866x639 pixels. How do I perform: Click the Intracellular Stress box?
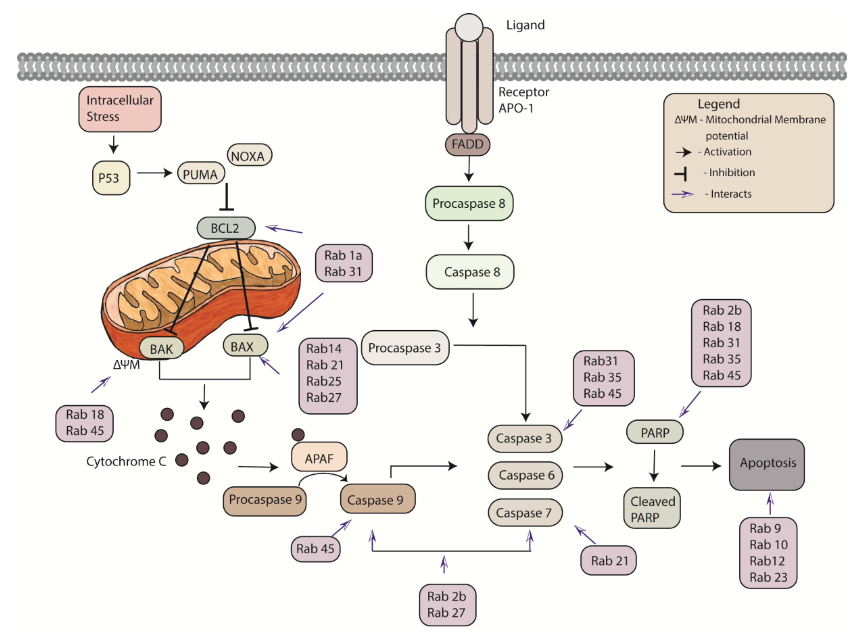[120, 109]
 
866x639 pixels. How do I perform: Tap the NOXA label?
[249, 155]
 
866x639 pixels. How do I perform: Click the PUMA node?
[201, 174]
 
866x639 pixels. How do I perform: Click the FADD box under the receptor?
[468, 145]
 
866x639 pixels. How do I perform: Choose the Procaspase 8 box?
[469, 203]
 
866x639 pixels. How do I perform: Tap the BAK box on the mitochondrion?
[161, 348]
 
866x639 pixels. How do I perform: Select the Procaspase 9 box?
[265, 500]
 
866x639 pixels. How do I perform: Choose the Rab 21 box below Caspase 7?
[608, 560]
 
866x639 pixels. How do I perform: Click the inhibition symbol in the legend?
[681, 173]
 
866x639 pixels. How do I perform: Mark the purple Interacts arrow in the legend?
[683, 194]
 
